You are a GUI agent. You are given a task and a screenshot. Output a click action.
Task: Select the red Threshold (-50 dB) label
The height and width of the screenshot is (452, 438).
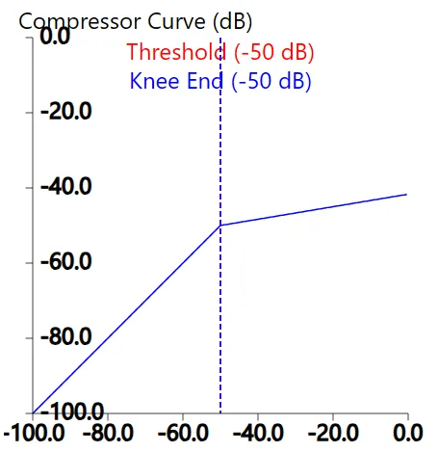coord(220,52)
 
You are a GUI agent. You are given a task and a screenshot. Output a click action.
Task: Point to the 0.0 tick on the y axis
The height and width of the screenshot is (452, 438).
coord(55,37)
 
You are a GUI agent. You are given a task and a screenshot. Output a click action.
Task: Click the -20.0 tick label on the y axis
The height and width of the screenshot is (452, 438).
coord(64,112)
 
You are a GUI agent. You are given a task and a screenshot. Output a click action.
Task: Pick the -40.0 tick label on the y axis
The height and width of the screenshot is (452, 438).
coord(64,187)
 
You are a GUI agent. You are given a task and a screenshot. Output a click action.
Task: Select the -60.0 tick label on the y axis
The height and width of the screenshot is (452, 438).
coord(64,262)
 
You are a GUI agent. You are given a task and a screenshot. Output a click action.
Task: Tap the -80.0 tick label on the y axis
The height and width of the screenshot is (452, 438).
coord(64,337)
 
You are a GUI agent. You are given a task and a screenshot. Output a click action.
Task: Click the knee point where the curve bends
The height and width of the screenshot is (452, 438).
coord(220,225)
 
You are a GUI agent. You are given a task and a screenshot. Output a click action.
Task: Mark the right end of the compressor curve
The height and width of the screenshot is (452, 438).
coord(406,195)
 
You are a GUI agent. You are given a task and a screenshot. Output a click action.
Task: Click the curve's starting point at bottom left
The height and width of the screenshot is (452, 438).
coord(34,412)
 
